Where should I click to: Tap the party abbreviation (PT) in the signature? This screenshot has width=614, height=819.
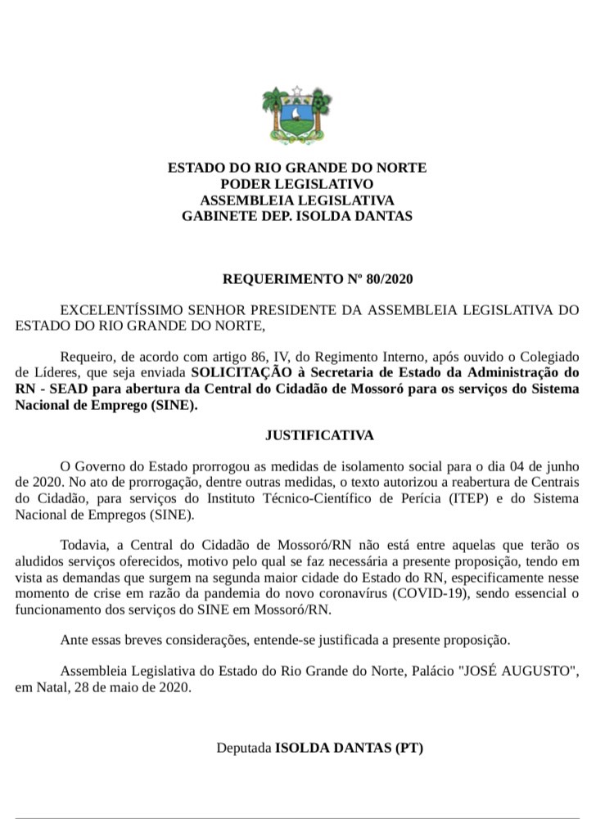point(408,748)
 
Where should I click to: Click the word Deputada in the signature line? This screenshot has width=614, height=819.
point(243,748)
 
